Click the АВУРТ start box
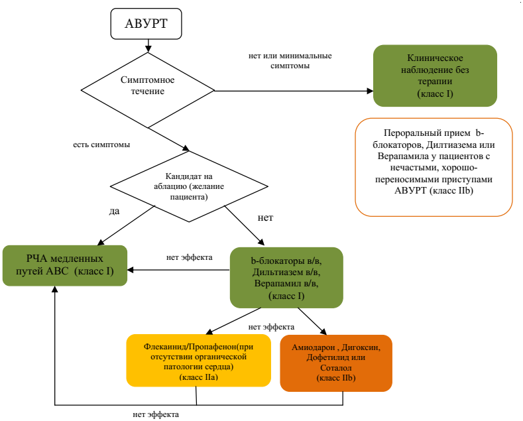[146, 25]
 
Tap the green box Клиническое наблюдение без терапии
[435, 76]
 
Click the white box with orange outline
[434, 167]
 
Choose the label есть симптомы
[101, 144]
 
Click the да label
[114, 211]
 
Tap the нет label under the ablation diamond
[264, 217]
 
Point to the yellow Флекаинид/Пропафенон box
[199, 361]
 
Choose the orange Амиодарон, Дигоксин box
[336, 363]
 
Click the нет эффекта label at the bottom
[156, 414]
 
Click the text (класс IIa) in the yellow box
[199, 377]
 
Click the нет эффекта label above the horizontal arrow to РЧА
[189, 257]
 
